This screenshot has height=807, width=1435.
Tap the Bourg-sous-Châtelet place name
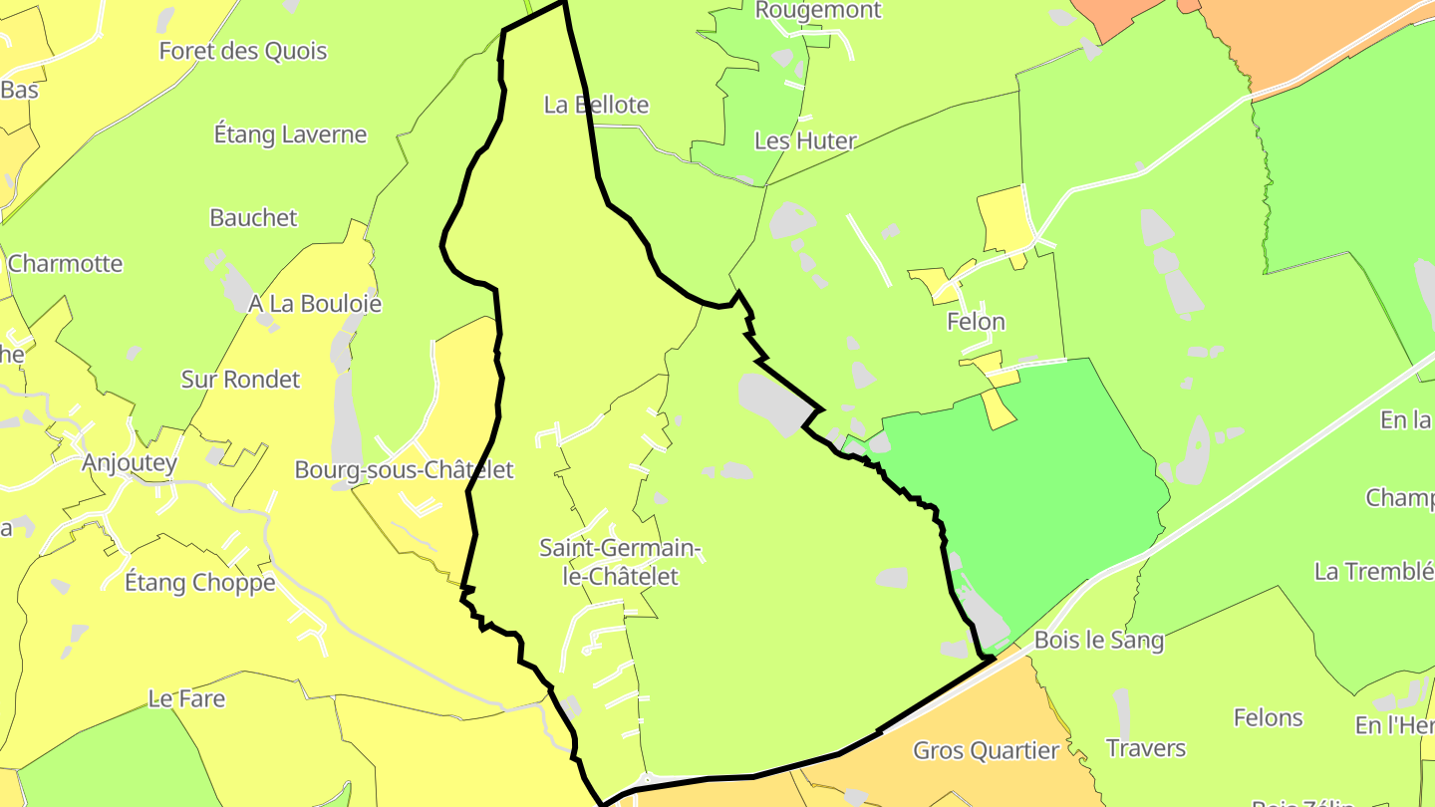click(x=404, y=469)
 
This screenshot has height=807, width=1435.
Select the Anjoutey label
click(x=130, y=462)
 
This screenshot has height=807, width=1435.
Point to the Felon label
click(x=976, y=322)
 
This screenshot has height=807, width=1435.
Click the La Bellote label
click(x=596, y=105)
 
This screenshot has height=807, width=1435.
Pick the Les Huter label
click(x=805, y=140)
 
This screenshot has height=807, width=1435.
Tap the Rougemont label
click(x=818, y=11)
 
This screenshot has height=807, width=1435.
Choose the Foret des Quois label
click(x=243, y=51)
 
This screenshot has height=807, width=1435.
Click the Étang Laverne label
click(x=291, y=134)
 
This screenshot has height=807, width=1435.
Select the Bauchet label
click(x=253, y=217)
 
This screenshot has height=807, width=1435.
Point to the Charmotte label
click(x=65, y=264)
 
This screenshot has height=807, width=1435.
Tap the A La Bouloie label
click(x=315, y=304)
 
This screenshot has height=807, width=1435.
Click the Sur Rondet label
click(x=240, y=380)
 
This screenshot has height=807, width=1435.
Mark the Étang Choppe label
click(x=199, y=582)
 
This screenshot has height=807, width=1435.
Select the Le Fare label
click(x=186, y=699)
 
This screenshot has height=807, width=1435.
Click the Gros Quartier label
click(x=986, y=750)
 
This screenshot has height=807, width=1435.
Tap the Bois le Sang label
click(x=1099, y=640)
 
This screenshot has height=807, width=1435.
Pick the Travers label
click(x=1146, y=748)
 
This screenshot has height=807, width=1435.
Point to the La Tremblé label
click(x=1373, y=572)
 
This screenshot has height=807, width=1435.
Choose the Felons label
click(x=1268, y=717)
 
